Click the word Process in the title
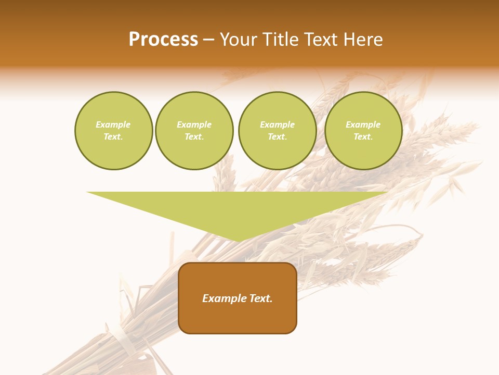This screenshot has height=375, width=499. click(x=163, y=40)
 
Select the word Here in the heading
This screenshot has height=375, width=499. click(x=362, y=40)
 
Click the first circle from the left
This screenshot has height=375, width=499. click(x=113, y=131)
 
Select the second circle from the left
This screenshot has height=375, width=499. click(x=194, y=131)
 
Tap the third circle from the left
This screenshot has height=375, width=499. click(x=277, y=131)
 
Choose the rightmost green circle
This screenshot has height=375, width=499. click(x=363, y=131)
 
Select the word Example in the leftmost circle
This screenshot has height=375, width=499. click(x=113, y=125)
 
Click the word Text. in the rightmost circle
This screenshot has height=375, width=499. click(x=363, y=137)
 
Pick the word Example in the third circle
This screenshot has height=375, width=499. click(x=277, y=125)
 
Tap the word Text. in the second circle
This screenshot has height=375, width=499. click(x=194, y=137)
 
